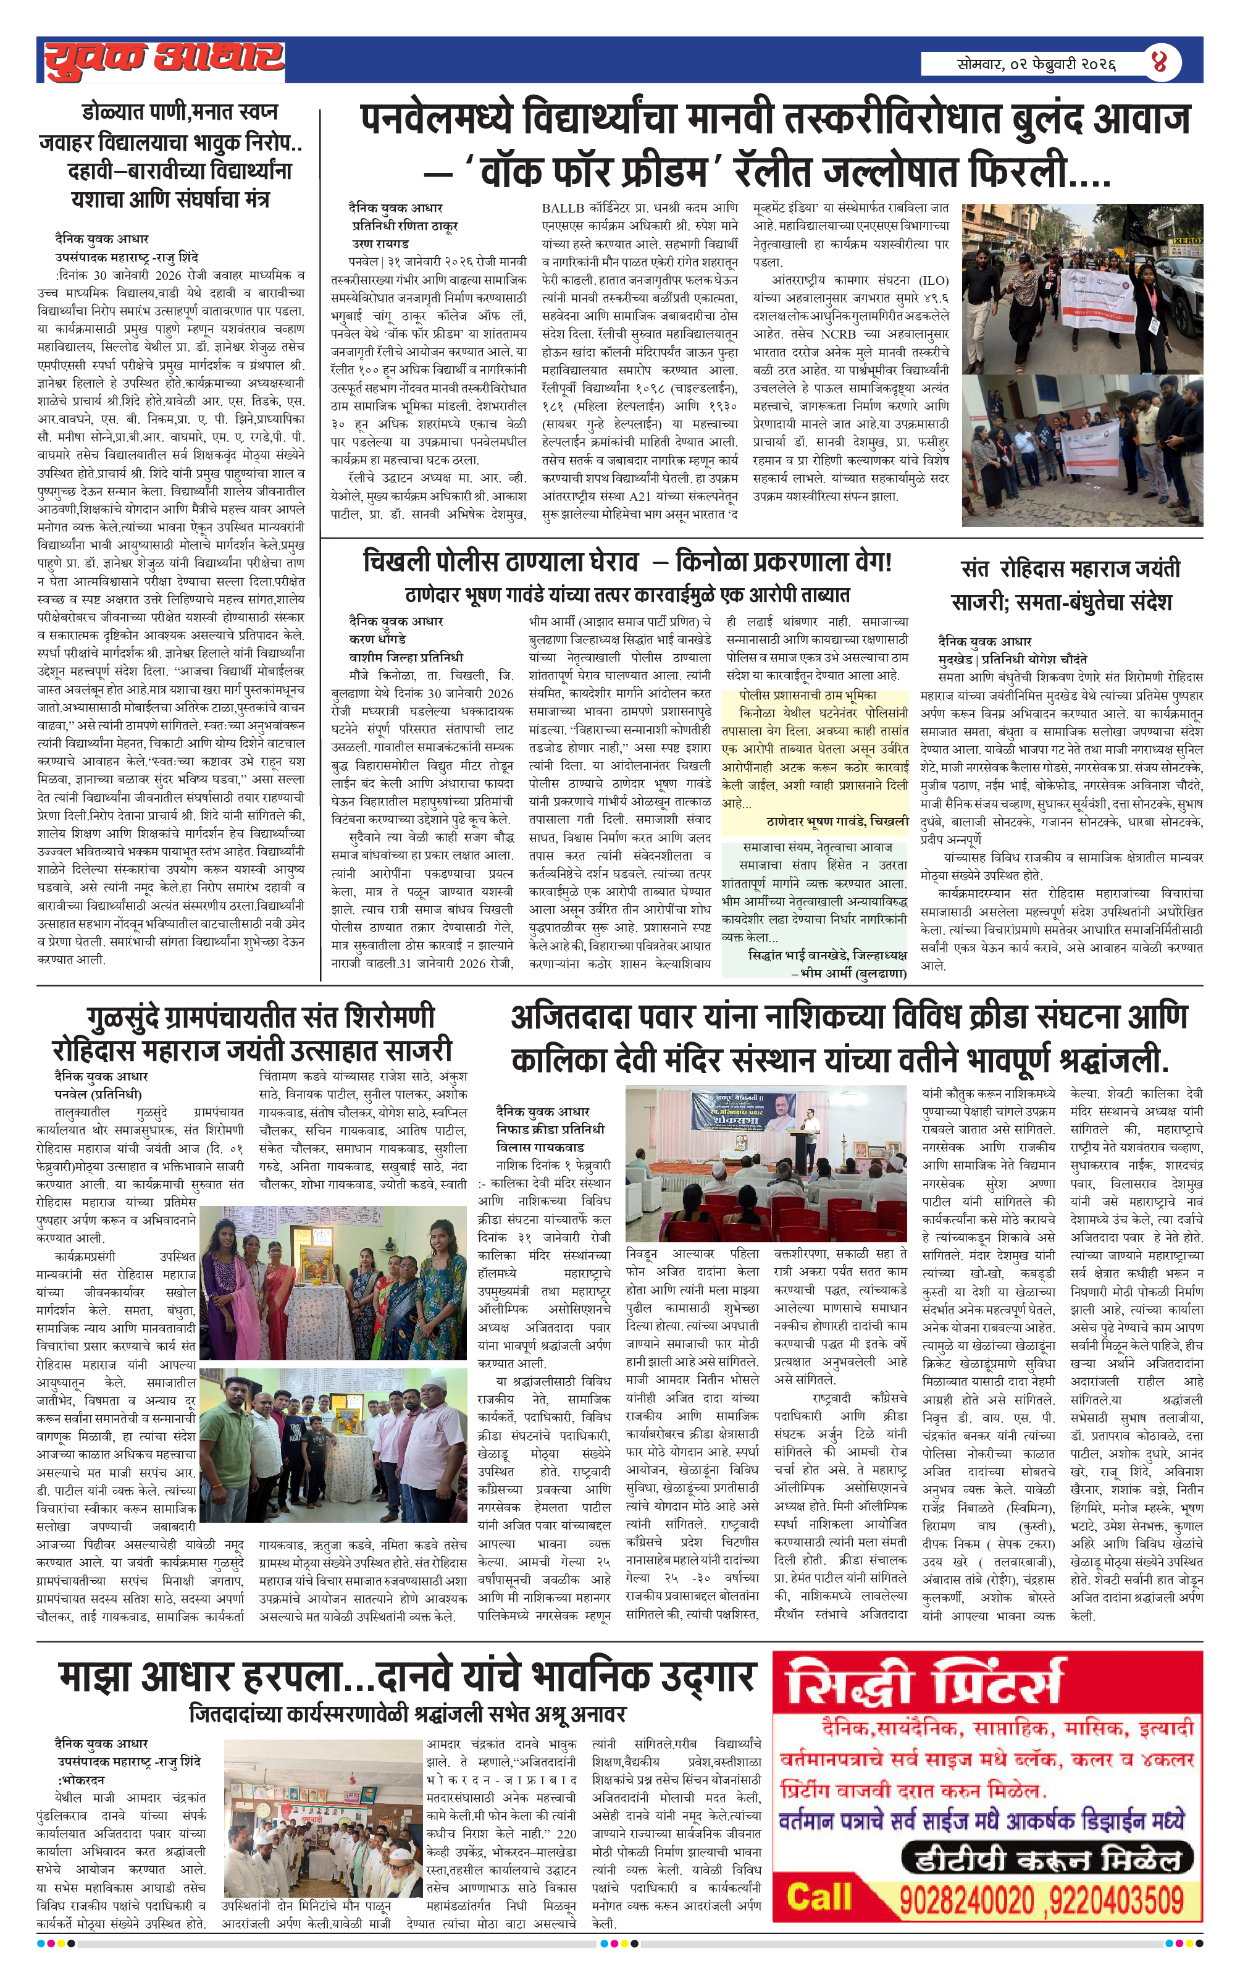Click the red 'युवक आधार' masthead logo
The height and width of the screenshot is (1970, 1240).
tap(163, 60)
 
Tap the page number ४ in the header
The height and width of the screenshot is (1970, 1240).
tap(1158, 62)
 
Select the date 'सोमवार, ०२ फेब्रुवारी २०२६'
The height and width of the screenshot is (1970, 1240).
tap(1036, 64)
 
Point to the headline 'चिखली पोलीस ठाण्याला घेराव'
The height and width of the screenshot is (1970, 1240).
tap(501, 562)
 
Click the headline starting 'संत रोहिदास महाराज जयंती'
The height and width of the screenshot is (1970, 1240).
tap(1070, 568)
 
